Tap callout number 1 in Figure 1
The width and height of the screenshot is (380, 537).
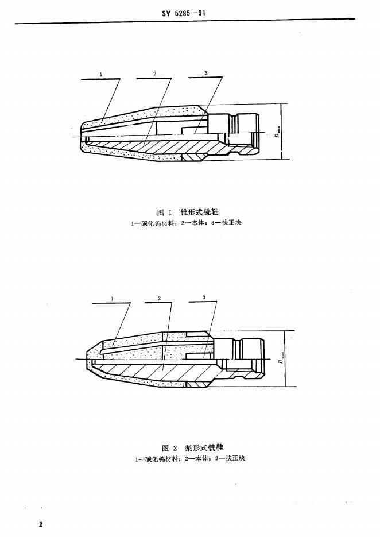(100, 74)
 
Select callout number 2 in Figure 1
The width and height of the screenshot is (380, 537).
(155, 74)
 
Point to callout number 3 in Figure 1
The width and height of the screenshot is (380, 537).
(206, 74)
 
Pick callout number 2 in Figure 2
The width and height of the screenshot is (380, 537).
(159, 299)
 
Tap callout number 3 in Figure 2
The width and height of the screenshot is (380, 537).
(204, 297)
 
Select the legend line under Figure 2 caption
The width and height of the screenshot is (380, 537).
(190, 458)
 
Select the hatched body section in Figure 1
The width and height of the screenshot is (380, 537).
(166, 148)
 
